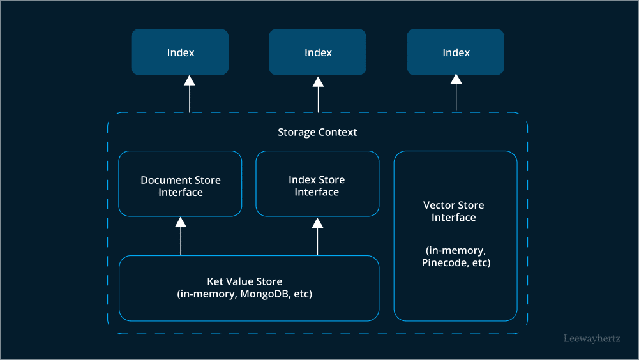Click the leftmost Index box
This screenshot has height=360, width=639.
click(x=180, y=52)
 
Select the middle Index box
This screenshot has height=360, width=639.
click(x=317, y=52)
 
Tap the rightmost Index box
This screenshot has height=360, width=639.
click(x=455, y=52)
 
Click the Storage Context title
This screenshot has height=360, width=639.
click(x=317, y=132)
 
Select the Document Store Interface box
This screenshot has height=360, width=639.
click(x=180, y=184)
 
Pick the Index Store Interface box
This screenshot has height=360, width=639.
click(x=317, y=184)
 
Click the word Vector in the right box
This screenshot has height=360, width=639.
click(x=439, y=205)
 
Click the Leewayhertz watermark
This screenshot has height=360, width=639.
click(x=591, y=339)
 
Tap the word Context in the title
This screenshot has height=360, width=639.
click(x=338, y=132)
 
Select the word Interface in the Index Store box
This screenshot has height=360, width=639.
click(x=317, y=192)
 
